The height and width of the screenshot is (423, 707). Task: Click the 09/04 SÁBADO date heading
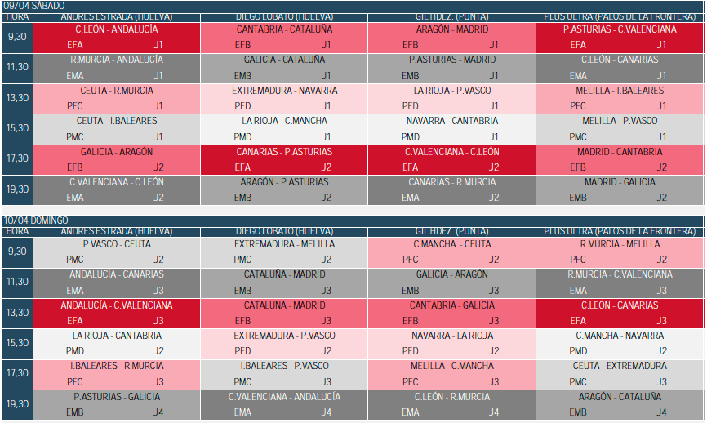click(x=33, y=6)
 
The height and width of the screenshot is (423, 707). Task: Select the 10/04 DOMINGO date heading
click(x=36, y=220)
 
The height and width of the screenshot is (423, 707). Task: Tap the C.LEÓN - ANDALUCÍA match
click(x=117, y=29)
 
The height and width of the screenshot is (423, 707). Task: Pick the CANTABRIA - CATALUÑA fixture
click(x=284, y=29)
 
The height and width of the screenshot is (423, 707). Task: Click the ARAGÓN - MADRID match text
click(x=452, y=29)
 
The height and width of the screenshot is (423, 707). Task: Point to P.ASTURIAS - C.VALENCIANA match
click(x=620, y=29)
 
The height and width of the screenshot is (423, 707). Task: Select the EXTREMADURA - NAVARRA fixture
click(x=284, y=91)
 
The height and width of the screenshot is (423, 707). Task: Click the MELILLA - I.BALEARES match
click(x=620, y=91)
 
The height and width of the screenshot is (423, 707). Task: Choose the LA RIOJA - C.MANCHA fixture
click(x=284, y=121)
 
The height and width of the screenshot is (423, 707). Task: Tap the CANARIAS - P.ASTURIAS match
click(x=284, y=152)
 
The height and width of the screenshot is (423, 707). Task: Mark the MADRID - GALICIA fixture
click(x=620, y=182)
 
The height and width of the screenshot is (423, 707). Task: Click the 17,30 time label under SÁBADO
click(x=17, y=158)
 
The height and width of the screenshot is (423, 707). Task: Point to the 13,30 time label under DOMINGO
click(x=17, y=313)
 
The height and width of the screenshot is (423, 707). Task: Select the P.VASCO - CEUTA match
click(x=117, y=244)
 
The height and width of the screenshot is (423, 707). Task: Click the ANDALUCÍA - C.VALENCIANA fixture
click(x=117, y=305)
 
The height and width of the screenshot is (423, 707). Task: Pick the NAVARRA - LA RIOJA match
click(x=452, y=336)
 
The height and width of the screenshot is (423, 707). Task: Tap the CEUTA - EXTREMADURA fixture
click(x=620, y=366)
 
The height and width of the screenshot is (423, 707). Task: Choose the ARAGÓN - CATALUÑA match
click(x=620, y=397)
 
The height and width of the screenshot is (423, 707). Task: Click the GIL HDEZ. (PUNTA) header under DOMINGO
click(x=452, y=232)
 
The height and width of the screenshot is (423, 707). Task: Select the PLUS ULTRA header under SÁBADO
click(x=620, y=17)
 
